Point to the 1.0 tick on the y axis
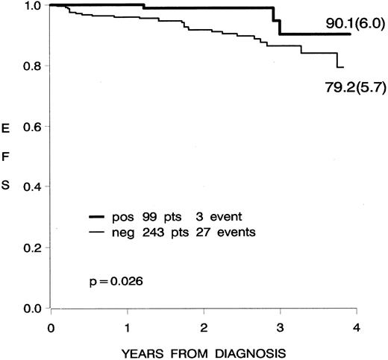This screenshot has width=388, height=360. click(31, 6)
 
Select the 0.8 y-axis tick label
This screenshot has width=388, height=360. click(31, 66)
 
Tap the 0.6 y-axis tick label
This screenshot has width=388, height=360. click(31, 127)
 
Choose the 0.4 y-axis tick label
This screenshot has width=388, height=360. click(31, 187)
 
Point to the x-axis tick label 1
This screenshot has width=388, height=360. click(128, 327)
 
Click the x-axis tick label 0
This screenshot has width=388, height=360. click(51, 327)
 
